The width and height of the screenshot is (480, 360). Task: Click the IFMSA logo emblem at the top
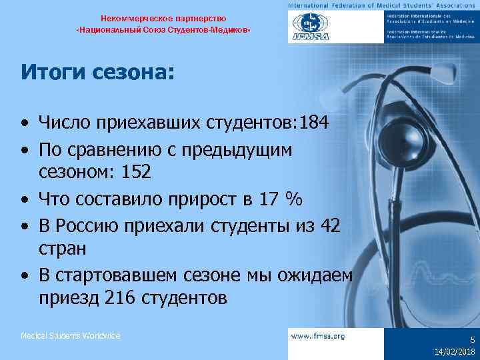pyautogui.click(x=307, y=28)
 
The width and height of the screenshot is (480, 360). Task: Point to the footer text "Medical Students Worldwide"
pyautogui.click(x=71, y=336)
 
